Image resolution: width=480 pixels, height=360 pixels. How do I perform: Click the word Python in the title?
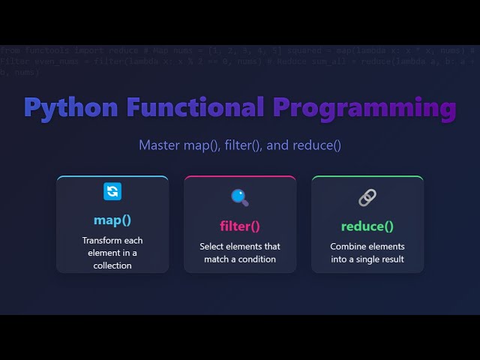[x=71, y=107]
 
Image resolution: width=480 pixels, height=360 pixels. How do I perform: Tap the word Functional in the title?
[x=195, y=107]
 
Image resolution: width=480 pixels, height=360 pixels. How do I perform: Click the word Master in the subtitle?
[x=159, y=145]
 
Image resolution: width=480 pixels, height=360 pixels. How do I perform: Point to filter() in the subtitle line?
[x=244, y=145]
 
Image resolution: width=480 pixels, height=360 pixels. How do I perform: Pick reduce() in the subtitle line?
[x=316, y=145]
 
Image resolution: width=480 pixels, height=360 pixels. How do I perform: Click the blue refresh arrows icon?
[x=112, y=191]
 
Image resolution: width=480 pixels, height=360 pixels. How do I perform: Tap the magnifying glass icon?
[x=240, y=197]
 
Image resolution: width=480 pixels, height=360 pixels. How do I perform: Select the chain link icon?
[x=367, y=197]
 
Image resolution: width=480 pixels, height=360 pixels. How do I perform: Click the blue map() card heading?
[x=112, y=220]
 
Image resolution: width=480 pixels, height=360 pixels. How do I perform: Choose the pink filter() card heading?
[x=240, y=226]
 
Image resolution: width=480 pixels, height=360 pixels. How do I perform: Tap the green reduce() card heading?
[x=367, y=226]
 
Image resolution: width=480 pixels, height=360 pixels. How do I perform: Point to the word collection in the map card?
[x=112, y=265]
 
